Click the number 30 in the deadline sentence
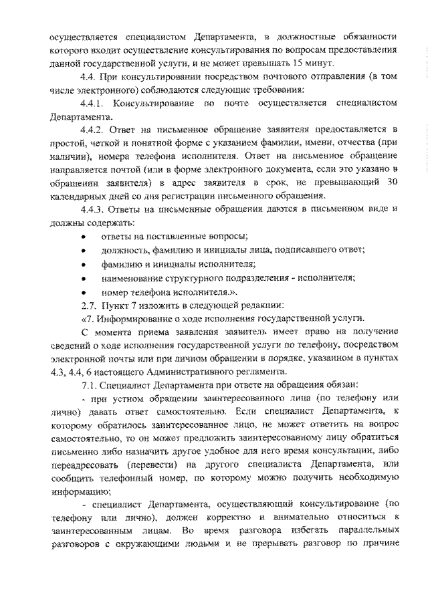click(394, 183)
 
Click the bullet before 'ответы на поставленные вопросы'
click(82, 237)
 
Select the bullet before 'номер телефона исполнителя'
click(82, 292)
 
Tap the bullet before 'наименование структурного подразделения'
click(82, 278)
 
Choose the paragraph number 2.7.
click(88, 306)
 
